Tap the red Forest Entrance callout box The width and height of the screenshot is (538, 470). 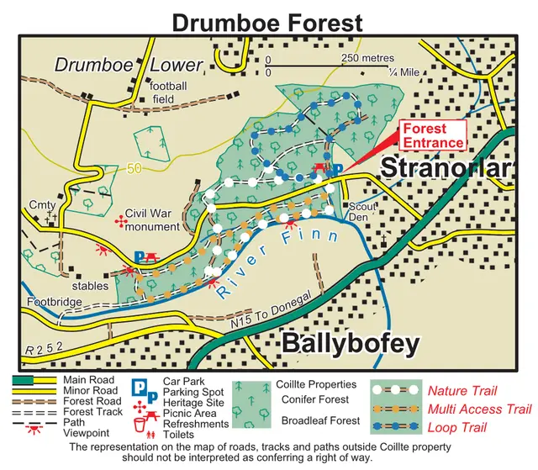click(x=432, y=135)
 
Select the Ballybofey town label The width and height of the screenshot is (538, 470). click(x=349, y=343)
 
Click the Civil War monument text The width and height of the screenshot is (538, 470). click(x=152, y=220)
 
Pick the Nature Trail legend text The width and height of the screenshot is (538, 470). click(x=462, y=391)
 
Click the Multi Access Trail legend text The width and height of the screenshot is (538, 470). click(x=480, y=409)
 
